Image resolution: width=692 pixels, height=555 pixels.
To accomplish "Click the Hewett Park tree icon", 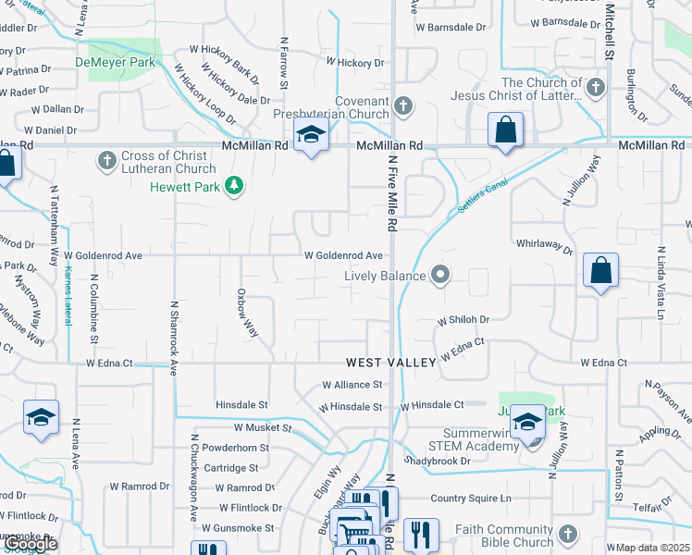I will point(235,186).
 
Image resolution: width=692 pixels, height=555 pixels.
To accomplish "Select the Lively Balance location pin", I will point(440,275).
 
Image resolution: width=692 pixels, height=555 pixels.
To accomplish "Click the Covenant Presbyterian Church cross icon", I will point(402,106).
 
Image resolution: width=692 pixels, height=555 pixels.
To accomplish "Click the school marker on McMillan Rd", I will point(312,135).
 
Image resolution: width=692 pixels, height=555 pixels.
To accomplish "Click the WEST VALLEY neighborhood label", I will point(391,364).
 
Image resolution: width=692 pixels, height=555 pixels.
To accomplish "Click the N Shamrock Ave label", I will point(173,338).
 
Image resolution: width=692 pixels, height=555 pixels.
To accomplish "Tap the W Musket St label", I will point(263,428).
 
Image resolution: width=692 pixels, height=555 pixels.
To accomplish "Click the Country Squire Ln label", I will point(471,499).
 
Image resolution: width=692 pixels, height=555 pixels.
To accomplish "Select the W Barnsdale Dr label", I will point(451,28).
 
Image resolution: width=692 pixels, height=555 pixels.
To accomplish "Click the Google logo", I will point(30,544).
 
